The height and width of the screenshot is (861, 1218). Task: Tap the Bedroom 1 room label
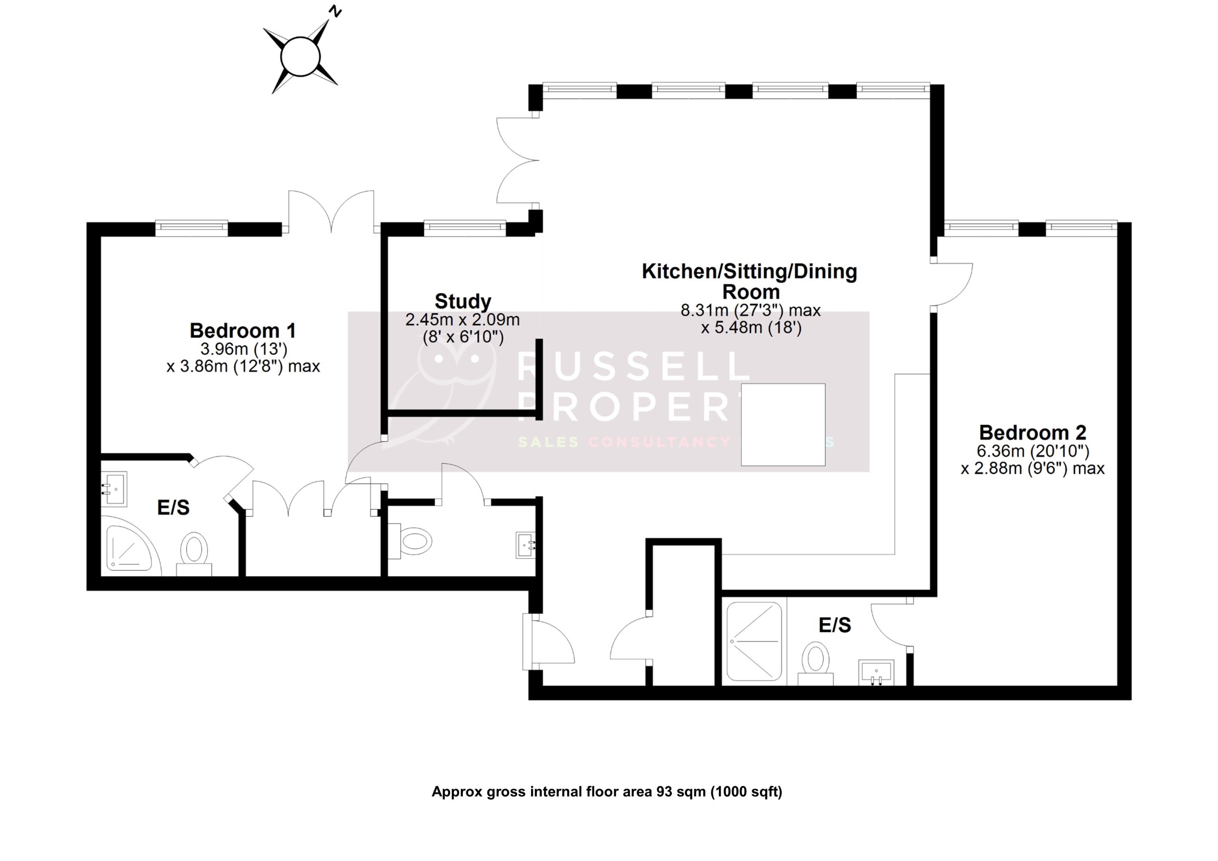point(243,331)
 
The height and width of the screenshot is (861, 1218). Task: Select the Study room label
point(462,301)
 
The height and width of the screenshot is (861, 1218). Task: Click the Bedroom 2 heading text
point(1032,432)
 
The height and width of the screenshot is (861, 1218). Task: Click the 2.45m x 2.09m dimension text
point(462,320)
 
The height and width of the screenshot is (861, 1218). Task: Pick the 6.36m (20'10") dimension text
point(1033,451)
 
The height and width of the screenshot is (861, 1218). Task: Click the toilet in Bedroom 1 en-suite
point(194,552)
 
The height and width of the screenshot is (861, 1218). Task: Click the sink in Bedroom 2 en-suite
point(876,672)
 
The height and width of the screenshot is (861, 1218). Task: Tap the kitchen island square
point(783,424)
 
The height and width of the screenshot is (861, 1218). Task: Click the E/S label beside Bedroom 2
point(835,626)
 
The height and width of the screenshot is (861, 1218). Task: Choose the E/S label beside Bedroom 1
point(174,508)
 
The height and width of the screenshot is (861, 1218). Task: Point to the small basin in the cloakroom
point(526,545)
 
